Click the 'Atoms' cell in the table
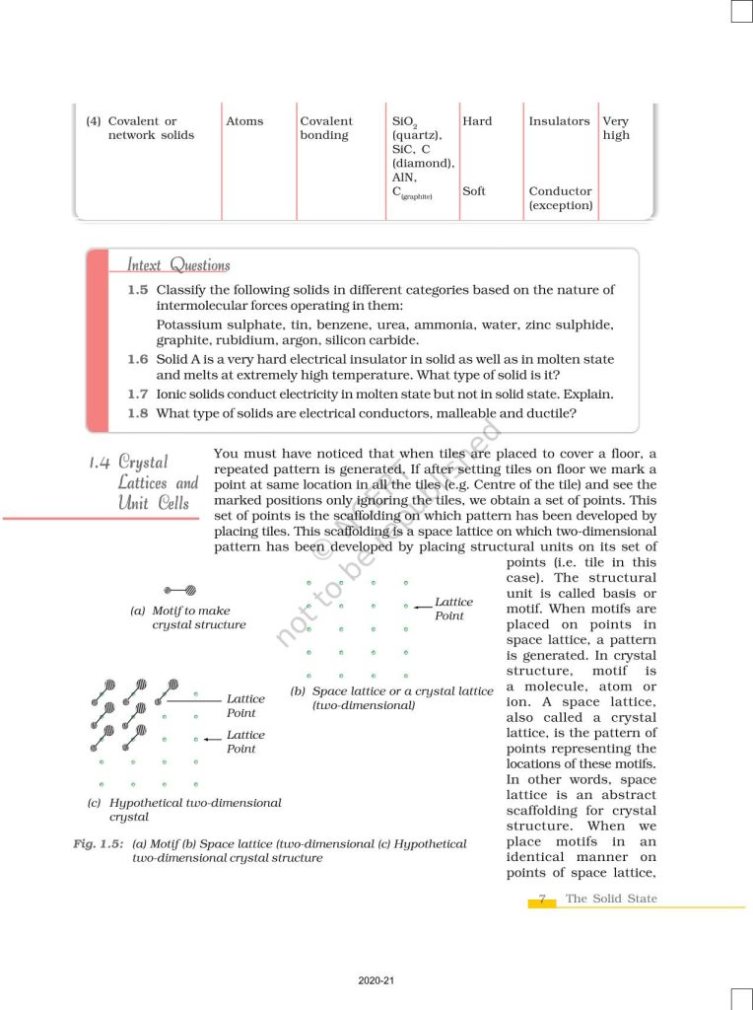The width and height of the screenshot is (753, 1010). click(244, 121)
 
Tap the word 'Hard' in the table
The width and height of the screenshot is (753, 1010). click(477, 121)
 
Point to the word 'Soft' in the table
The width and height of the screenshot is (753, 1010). click(474, 191)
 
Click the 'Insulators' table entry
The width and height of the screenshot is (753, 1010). click(559, 121)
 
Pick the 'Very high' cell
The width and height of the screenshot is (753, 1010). click(616, 128)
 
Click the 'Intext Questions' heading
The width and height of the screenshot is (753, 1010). click(178, 264)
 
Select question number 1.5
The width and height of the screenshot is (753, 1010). click(138, 290)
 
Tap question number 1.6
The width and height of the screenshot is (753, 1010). click(138, 360)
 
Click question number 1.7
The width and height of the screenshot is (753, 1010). click(138, 394)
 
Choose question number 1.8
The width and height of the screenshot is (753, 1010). click(138, 412)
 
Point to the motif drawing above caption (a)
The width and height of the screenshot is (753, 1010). click(180, 590)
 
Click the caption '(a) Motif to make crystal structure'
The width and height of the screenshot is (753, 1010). click(188, 617)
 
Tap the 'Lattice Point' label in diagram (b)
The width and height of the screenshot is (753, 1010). click(453, 609)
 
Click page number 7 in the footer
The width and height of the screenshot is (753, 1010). click(542, 900)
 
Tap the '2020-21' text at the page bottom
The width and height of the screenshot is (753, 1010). click(376, 981)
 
